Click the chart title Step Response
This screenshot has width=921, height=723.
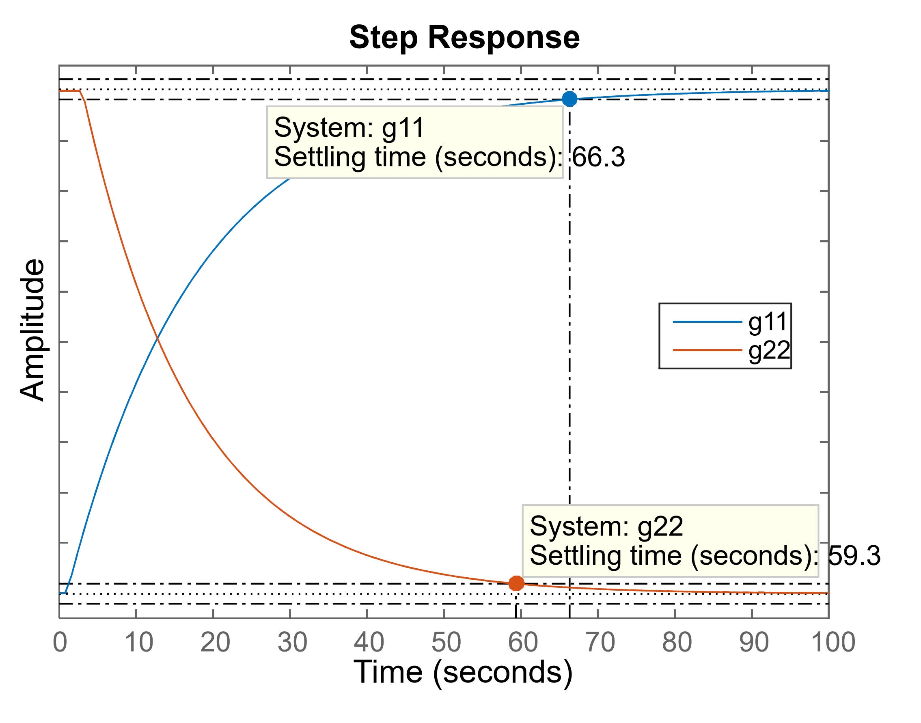[x=464, y=37]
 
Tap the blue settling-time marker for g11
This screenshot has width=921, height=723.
[x=570, y=99]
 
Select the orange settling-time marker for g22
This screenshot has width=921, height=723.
[x=516, y=583]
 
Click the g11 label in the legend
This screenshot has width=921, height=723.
[x=767, y=322]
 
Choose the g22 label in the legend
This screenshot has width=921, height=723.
[x=769, y=350]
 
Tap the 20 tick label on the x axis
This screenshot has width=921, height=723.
[x=216, y=642]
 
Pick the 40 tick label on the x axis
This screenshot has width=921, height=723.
[x=369, y=642]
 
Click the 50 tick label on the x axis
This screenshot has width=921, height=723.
[x=446, y=642]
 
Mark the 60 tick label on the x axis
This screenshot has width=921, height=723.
[x=523, y=642]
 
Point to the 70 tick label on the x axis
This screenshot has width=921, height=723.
[x=600, y=642]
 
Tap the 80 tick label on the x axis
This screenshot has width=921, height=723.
[x=677, y=642]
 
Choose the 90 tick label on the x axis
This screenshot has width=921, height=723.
[x=754, y=642]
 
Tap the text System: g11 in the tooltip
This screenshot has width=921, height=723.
[x=349, y=127]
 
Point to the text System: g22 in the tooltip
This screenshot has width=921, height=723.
[x=606, y=526]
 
